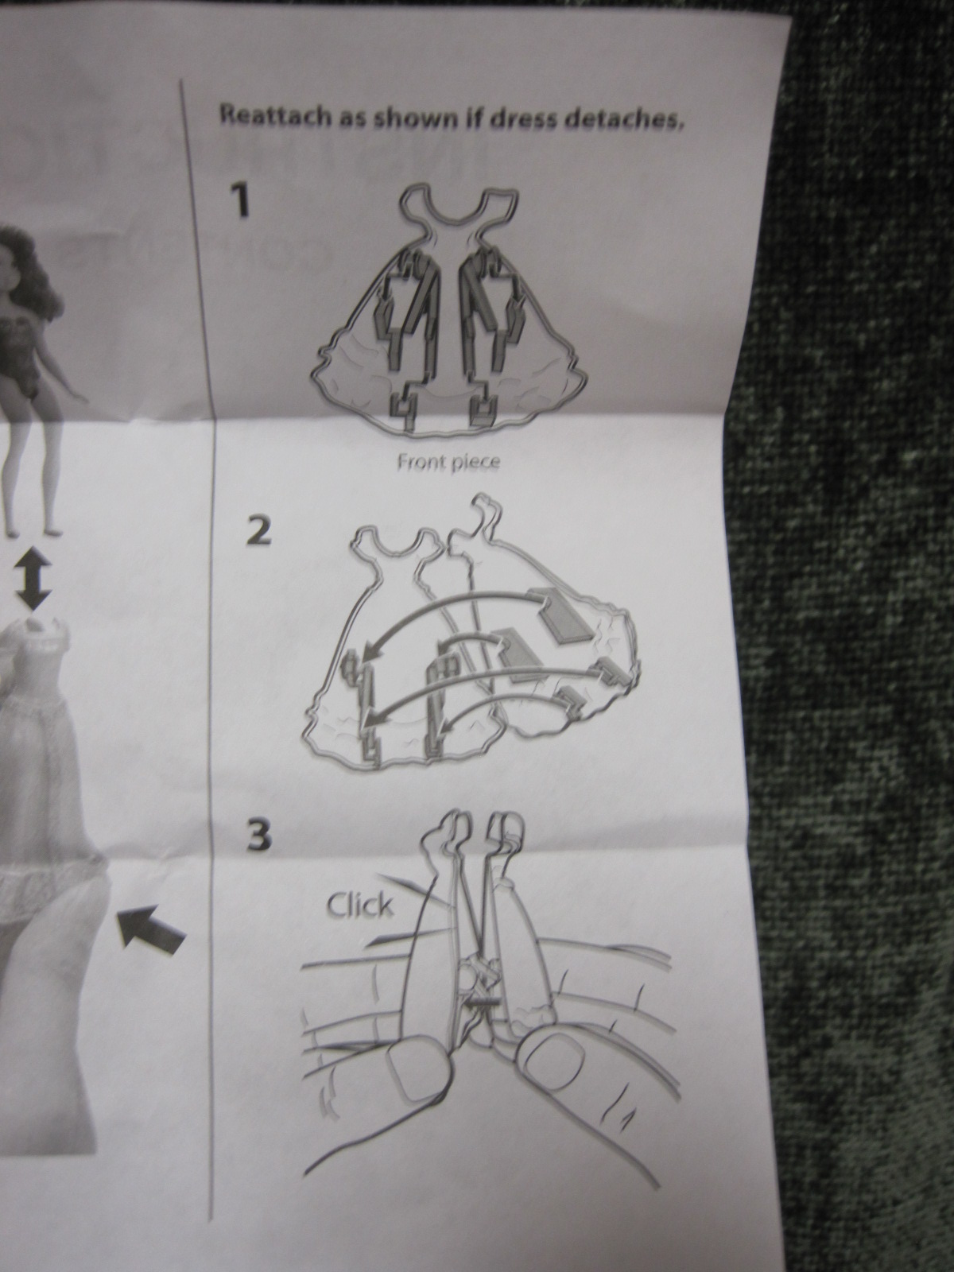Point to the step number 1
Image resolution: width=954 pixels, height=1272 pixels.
pyautogui.click(x=240, y=200)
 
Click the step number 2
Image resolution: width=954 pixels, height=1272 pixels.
pyautogui.click(x=258, y=531)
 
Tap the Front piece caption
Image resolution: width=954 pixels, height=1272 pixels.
pyautogui.click(x=448, y=463)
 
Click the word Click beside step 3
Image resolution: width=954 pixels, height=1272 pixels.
pyautogui.click(x=360, y=906)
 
